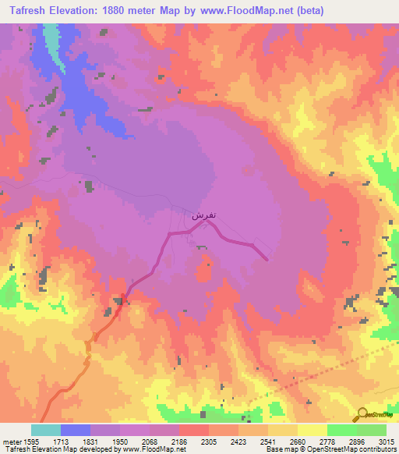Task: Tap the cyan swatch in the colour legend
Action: click(x=46, y=430)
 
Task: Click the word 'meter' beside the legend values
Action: click(x=11, y=441)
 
